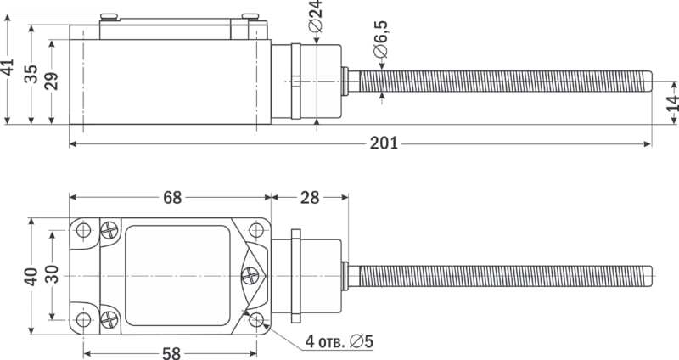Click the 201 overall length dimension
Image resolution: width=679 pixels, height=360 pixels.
(384, 143)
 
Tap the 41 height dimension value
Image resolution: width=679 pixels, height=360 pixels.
(8, 68)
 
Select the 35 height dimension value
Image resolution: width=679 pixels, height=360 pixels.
(31, 74)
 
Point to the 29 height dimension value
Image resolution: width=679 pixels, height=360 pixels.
(52, 80)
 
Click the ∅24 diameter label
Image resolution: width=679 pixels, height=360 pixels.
(316, 16)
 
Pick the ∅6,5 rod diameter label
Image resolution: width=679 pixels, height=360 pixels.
(380, 40)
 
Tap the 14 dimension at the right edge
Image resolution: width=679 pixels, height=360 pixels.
(672, 103)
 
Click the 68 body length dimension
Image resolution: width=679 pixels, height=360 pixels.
(172, 198)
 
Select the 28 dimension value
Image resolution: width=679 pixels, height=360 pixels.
(310, 198)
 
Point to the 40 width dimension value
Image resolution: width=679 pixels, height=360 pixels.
(31, 277)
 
